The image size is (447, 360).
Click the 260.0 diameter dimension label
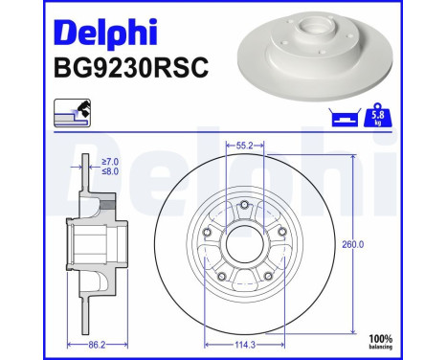(x=353, y=244)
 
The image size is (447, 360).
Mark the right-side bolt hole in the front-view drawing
(x=279, y=234)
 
